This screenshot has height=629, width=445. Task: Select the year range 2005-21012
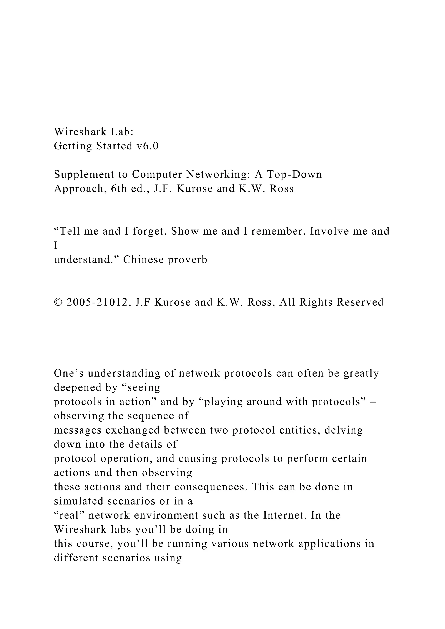(x=97, y=302)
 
